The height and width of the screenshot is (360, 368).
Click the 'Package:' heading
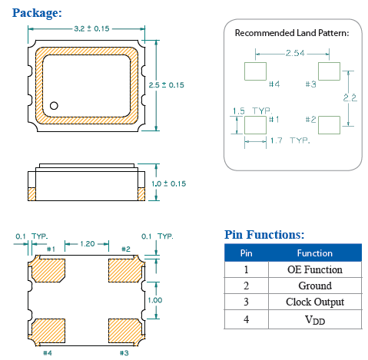[x=37, y=12]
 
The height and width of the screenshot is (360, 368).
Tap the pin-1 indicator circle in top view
[x=55, y=105]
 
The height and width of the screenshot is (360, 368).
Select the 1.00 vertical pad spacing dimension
[x=156, y=299]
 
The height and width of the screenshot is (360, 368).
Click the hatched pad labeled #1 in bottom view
[x=47, y=270]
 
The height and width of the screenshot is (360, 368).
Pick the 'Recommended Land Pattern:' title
[x=291, y=33]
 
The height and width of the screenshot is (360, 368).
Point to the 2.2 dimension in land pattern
[x=350, y=97]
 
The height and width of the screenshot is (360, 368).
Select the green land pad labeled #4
[x=254, y=71]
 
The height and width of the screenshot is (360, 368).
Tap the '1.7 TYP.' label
[x=291, y=141]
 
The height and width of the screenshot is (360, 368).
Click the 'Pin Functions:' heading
[x=264, y=234]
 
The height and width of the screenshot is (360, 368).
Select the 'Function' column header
[x=315, y=253]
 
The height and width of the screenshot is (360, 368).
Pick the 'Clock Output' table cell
[x=315, y=302]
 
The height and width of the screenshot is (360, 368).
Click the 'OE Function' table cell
[x=315, y=269]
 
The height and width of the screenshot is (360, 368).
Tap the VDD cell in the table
[x=315, y=319]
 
